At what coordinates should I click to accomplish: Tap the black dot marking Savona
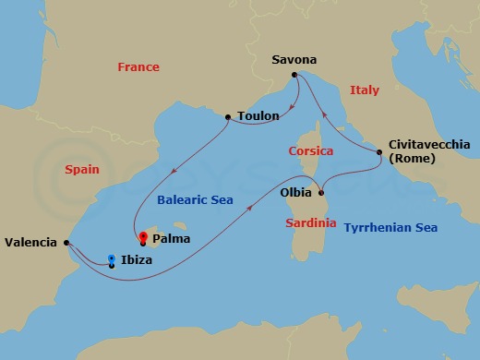[294, 75]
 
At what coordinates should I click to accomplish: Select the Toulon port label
[258, 116]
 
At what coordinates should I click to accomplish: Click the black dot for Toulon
[228, 117]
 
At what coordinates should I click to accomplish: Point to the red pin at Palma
[142, 236]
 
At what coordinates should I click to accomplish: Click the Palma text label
[172, 238]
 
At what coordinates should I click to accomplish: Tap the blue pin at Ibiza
[112, 259]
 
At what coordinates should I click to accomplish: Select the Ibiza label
[137, 261]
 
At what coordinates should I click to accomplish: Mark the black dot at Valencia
[66, 243]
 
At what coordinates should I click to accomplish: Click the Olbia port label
[295, 194]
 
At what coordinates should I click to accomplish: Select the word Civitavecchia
[430, 145]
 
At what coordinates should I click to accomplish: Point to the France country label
[138, 67]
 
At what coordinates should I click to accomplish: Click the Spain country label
[82, 170]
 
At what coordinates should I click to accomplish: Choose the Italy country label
[365, 90]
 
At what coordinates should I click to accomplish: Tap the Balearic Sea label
[194, 199]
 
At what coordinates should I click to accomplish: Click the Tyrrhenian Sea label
[390, 227]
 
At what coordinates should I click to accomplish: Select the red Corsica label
[310, 150]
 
